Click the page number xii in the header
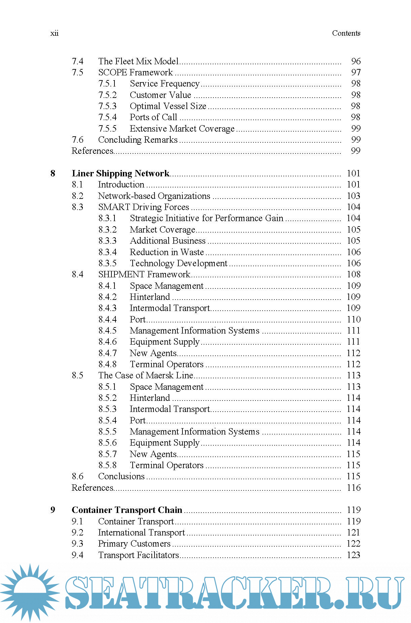(x=54, y=33)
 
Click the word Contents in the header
(x=346, y=33)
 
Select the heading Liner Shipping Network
(x=121, y=173)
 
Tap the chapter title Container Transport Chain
(x=127, y=510)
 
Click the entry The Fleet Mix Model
(x=138, y=61)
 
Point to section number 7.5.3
(x=107, y=106)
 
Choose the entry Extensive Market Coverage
(x=182, y=129)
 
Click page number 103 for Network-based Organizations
(x=353, y=196)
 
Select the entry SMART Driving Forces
(x=143, y=207)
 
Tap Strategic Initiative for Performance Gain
(x=207, y=218)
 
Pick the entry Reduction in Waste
(x=167, y=252)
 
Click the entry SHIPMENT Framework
(x=144, y=274)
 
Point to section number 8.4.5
(x=107, y=331)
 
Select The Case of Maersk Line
(x=145, y=375)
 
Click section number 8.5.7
(x=107, y=454)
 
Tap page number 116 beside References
(x=353, y=488)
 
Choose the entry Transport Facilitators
(x=138, y=555)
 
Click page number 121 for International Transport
(x=353, y=532)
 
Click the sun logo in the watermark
(x=30, y=592)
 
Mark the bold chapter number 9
(x=53, y=510)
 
